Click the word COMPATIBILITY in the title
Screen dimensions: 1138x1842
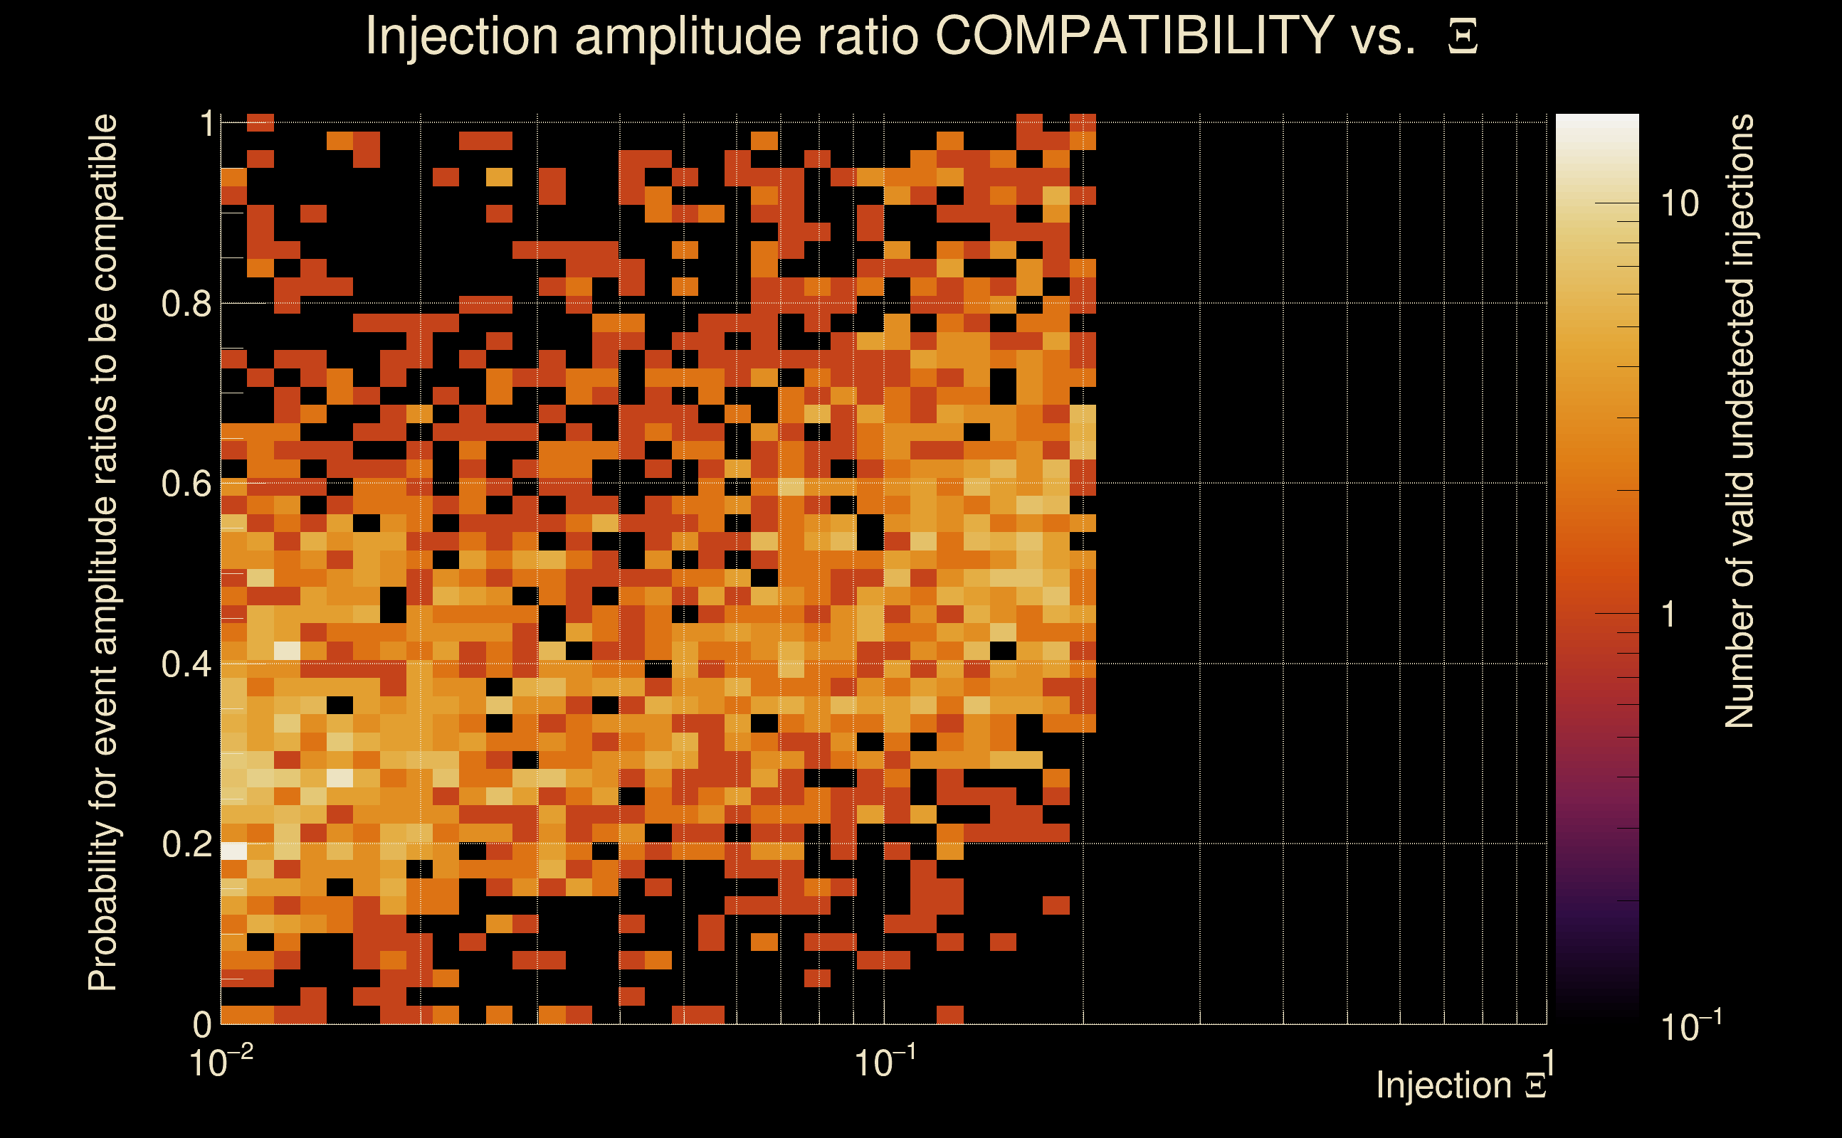1134,36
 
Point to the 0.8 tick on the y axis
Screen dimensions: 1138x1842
186,303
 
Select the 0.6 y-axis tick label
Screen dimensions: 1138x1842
186,483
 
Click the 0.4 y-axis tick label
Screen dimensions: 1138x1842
186,664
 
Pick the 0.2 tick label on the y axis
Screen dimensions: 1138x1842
186,844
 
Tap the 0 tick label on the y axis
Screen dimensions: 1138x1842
202,1023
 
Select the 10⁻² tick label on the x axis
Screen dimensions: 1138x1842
220,1062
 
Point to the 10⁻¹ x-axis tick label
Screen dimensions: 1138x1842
885,1062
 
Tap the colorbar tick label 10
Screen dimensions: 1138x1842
1679,204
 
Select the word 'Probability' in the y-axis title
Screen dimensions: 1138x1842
103,906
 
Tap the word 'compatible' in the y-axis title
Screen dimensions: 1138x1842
103,203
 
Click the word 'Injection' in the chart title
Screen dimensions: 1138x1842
461,36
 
